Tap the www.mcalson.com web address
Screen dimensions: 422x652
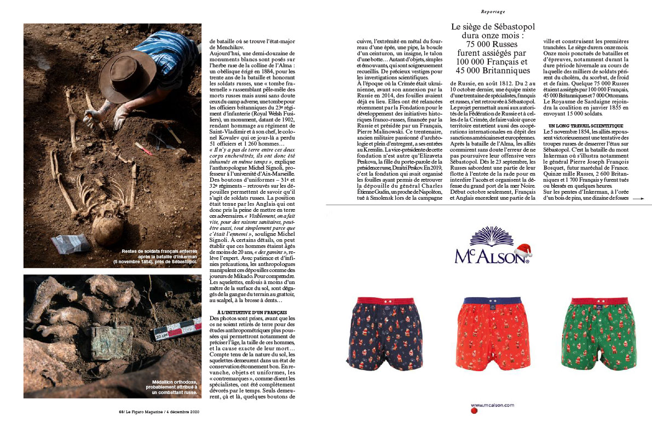pos(493,405)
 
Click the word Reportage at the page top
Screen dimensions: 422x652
pos(493,11)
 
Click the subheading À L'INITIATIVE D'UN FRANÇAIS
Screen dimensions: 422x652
pos(244,311)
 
